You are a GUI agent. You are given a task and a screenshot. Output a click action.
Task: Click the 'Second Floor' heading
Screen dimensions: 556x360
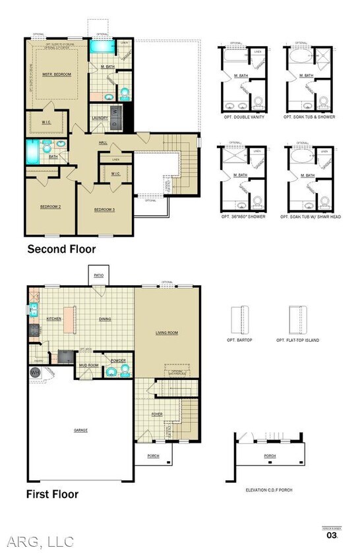[61, 249]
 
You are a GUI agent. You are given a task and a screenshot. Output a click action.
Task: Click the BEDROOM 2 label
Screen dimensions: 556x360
[51, 207]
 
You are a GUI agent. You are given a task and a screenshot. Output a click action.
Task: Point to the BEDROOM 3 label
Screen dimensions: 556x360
[104, 209]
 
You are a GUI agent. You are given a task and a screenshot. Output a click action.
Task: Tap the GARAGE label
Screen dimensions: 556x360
[80, 430]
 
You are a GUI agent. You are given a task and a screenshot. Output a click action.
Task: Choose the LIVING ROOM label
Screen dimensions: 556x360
[166, 333]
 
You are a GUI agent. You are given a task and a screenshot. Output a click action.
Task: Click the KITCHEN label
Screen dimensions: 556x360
[54, 319]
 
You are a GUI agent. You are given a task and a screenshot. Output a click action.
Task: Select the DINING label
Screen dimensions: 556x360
[105, 319]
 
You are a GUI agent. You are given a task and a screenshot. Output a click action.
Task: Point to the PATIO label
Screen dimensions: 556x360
[98, 275]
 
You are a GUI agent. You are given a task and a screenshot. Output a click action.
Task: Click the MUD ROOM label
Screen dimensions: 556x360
[89, 364]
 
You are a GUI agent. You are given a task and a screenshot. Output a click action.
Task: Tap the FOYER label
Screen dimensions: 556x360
[156, 414]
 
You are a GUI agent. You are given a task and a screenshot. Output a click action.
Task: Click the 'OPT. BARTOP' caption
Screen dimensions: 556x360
[241, 340]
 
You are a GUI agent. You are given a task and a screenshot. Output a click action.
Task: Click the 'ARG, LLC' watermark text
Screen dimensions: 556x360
[41, 542]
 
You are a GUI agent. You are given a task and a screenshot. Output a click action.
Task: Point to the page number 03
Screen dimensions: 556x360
[332, 535]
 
